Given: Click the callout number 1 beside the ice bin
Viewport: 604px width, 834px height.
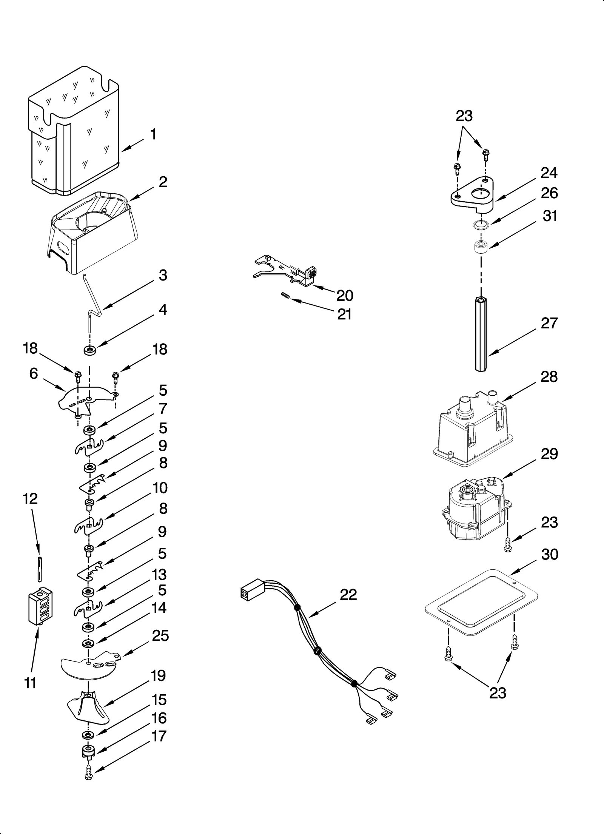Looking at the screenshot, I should coord(153,134).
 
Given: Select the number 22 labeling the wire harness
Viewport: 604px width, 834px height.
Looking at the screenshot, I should coord(348,595).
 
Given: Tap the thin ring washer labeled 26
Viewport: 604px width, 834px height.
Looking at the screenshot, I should coord(481,225).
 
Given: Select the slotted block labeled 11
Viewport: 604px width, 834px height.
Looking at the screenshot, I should coord(40,607).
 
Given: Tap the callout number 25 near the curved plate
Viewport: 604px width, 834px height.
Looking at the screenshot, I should coord(160,636).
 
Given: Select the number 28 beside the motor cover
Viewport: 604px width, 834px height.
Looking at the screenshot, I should coord(549,377).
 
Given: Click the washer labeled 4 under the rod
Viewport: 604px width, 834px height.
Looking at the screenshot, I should coord(89,351).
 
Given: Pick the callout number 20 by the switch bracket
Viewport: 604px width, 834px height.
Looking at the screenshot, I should coord(344,296).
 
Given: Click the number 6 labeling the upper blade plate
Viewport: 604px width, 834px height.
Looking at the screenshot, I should coord(34,373).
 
